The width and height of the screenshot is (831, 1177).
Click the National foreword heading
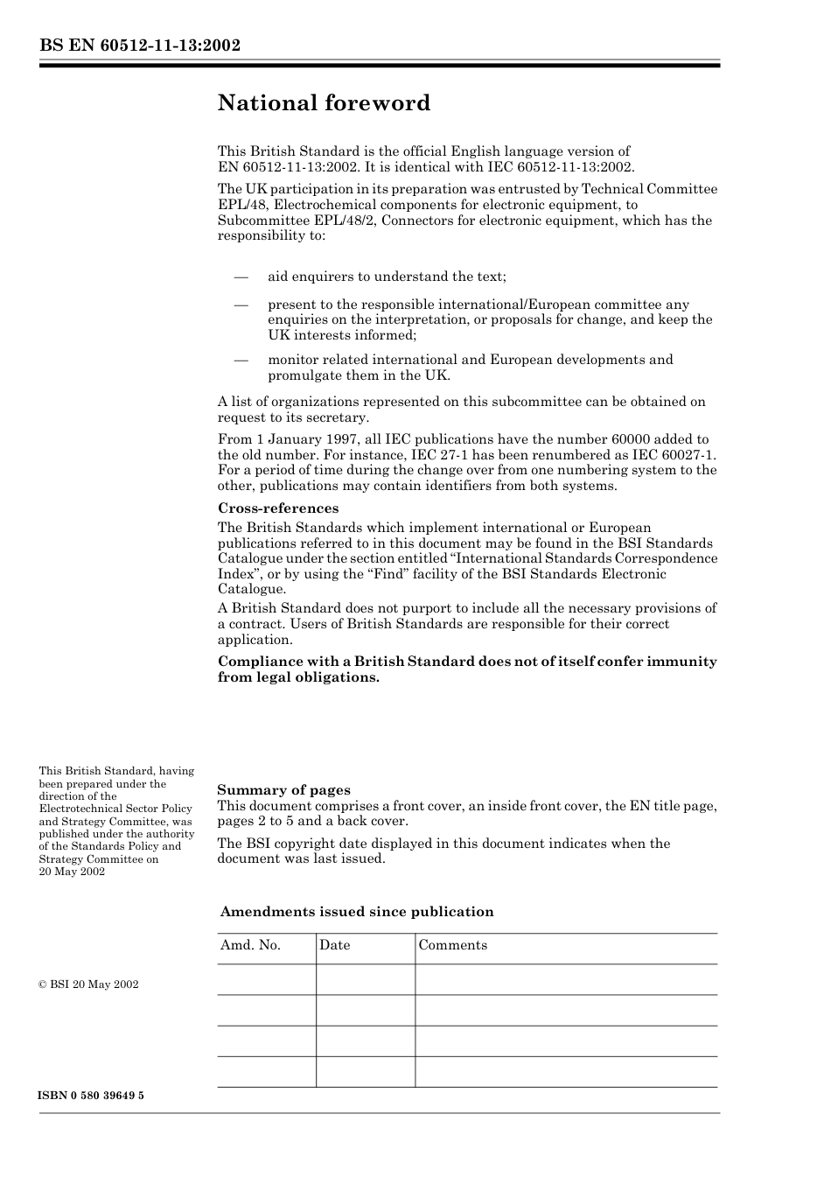tap(324, 103)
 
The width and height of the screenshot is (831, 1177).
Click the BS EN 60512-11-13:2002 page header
tap(140, 46)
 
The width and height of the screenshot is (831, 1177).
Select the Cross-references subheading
tap(277, 508)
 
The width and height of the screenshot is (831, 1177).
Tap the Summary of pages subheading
tap(283, 789)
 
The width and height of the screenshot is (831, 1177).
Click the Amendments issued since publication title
tap(357, 912)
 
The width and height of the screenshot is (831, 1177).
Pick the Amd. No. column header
tap(250, 945)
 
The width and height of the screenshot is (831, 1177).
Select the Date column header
tap(334, 945)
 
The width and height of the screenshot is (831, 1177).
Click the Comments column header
tap(452, 945)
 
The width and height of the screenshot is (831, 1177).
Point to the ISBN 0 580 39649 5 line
tap(91, 1096)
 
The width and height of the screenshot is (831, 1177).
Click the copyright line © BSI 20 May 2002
tap(88, 984)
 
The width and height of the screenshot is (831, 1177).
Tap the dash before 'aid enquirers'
tap(242, 277)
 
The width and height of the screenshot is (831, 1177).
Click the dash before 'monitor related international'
tap(242, 360)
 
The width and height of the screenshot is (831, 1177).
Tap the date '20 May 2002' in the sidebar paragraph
tap(72, 872)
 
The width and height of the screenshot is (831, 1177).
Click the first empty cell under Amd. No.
tap(266, 979)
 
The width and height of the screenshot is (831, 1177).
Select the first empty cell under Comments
tap(565, 979)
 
